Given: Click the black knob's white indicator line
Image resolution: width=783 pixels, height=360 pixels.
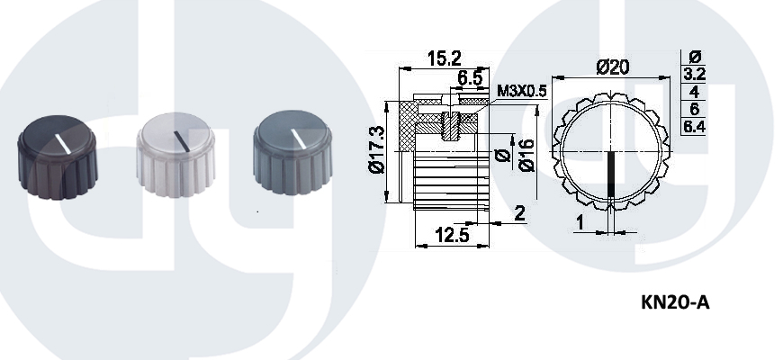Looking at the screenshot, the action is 63,143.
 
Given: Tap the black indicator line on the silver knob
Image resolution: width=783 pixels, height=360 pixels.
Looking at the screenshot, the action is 181,140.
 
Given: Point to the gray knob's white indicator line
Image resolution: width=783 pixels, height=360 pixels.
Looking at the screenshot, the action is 299,140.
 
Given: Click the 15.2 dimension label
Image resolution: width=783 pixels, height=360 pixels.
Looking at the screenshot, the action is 445,58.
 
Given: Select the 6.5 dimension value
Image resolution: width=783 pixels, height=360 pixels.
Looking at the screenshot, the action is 470,78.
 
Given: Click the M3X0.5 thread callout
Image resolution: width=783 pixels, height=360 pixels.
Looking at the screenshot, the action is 522,92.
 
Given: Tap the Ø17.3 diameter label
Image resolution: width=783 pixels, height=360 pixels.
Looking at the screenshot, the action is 377,149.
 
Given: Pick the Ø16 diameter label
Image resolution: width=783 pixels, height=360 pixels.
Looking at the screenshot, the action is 526,155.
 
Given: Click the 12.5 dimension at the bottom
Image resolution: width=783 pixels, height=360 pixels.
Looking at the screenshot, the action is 452,235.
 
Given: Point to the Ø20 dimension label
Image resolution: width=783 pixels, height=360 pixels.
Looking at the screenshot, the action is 613,67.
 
